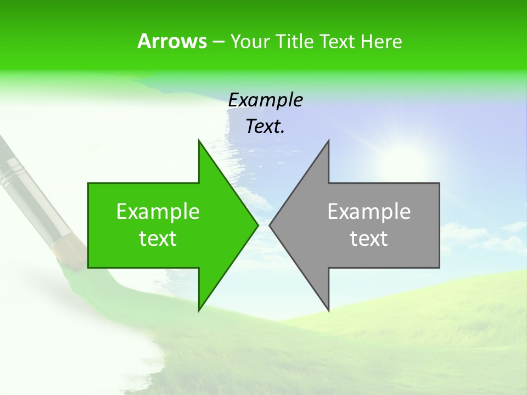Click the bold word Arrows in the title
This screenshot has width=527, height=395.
tap(172, 41)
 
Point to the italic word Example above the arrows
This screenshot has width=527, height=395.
tap(265, 100)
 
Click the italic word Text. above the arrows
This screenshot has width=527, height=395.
tap(265, 127)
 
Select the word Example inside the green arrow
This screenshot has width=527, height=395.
tap(158, 211)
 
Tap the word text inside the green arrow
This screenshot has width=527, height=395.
tap(158, 239)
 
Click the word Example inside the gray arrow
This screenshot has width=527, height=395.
tap(369, 211)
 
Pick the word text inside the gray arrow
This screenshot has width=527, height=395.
tap(369, 239)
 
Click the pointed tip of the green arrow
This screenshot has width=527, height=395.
tap(257, 225)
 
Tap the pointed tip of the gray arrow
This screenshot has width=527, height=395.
tap(270, 225)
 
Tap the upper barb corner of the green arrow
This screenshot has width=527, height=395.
tap(199, 140)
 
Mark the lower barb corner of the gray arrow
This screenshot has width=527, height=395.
tap(328, 310)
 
